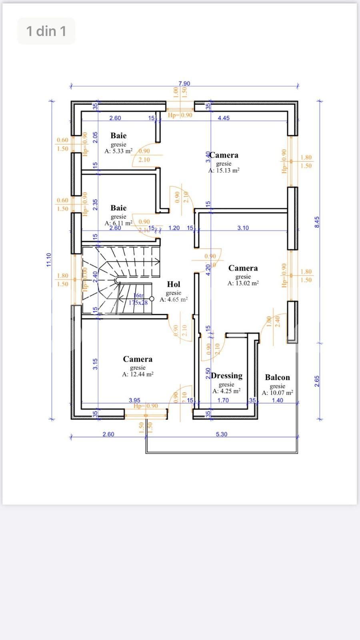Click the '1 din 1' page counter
46,31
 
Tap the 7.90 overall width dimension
184,84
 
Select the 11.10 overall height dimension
49,260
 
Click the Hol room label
174,284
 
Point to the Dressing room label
227,376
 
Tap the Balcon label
277,377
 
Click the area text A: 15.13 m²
224,170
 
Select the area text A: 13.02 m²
243,283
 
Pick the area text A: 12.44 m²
138,374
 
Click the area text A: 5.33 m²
118,151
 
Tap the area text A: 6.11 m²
118,223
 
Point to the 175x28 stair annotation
138,303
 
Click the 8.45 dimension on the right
317,222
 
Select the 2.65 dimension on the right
317,380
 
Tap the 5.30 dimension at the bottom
222,434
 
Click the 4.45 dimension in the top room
224,118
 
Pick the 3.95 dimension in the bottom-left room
134,400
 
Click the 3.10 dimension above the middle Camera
243,228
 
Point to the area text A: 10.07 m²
277,393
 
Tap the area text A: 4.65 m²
174,299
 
